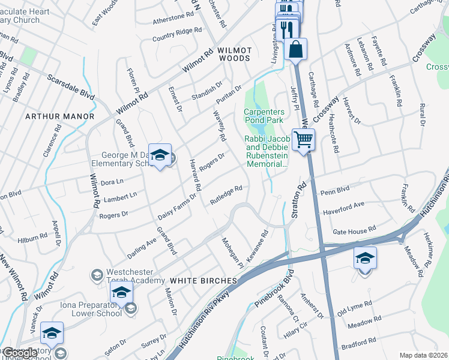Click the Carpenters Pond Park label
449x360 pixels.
[263, 116]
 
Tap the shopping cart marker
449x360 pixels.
[304, 140]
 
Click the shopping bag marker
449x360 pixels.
[296, 49]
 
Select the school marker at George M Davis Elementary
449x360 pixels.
[160, 155]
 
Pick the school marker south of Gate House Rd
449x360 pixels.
[364, 259]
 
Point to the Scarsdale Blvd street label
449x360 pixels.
[71, 87]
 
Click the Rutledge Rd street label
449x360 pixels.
[226, 196]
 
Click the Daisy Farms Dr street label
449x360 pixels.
[177, 205]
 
